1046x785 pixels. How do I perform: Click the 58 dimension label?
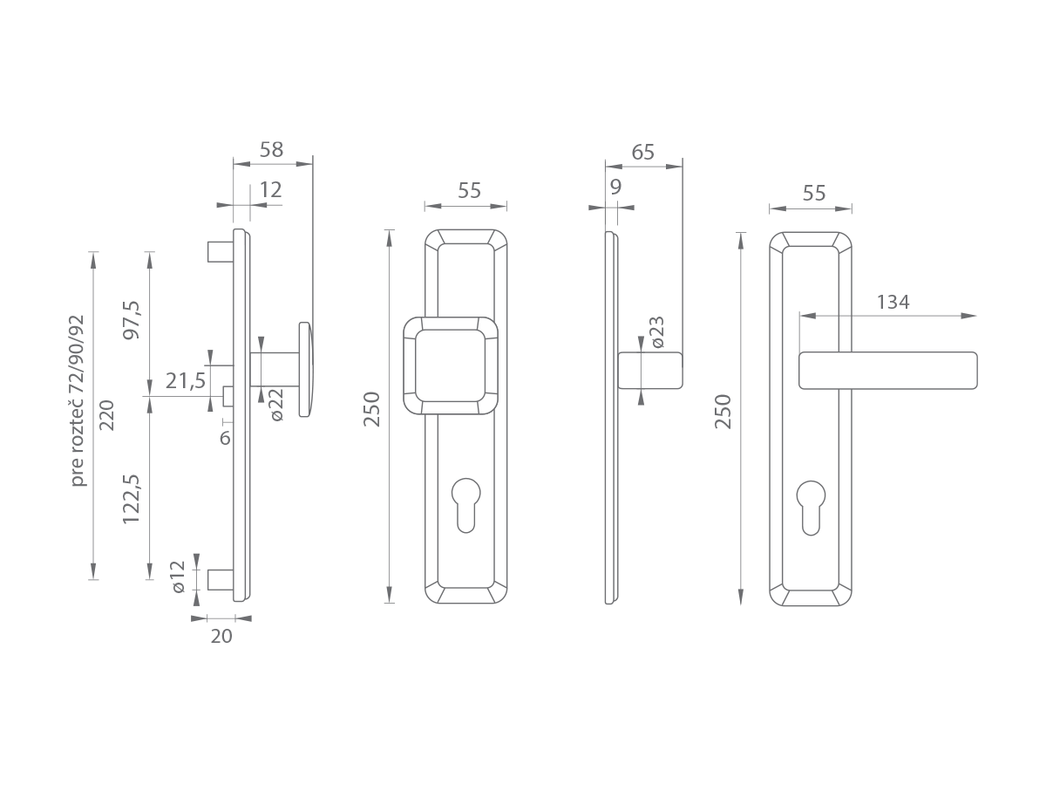271,150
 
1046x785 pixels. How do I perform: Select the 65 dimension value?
642,153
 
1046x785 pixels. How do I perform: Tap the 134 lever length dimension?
893,302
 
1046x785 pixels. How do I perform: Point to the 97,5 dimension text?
132,320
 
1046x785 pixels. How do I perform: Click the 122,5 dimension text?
132,499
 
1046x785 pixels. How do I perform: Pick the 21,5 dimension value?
186,381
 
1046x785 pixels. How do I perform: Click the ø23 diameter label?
657,332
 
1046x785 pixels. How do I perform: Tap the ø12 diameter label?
178,577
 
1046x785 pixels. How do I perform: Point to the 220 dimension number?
107,415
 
